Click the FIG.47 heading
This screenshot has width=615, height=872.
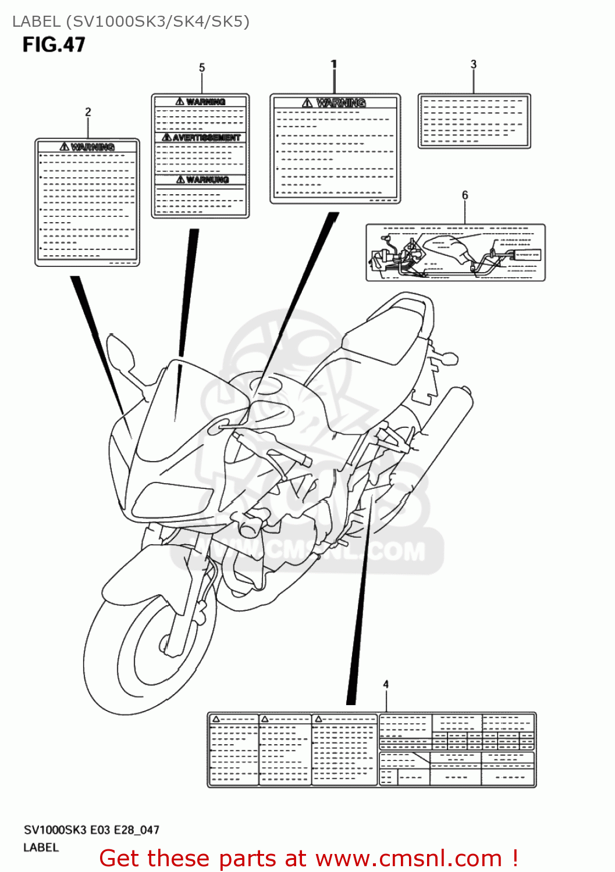coord(54,45)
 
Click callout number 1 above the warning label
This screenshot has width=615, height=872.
coord(334,64)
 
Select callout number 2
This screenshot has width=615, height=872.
coord(88,112)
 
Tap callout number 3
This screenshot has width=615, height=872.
coord(474,64)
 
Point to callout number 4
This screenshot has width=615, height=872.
coord(386,684)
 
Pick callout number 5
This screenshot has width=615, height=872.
coord(202,67)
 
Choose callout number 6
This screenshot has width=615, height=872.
coord(465,195)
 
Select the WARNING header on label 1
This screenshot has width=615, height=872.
coord(340,103)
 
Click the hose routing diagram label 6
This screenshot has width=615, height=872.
coord(456,253)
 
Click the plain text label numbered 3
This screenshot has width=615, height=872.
coord(474,121)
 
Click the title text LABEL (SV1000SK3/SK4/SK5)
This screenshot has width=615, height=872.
coord(131,22)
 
